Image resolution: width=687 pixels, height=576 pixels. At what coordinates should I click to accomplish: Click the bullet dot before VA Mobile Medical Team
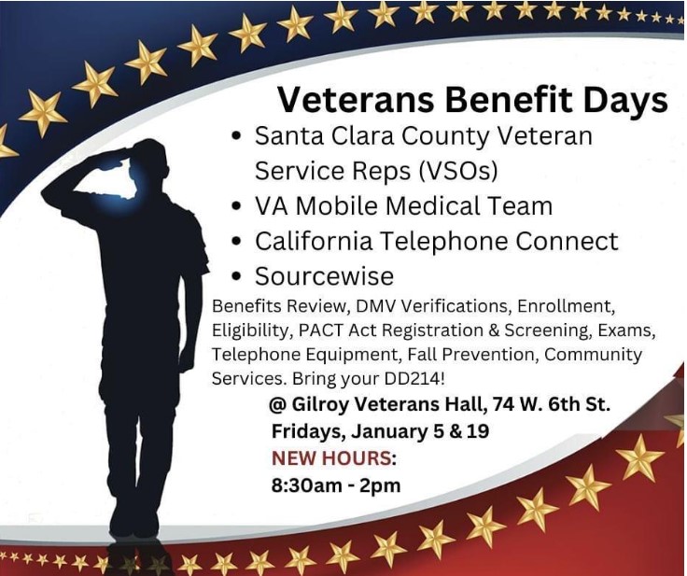point(236,205)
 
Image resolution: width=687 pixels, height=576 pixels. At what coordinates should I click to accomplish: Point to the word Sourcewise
point(324,276)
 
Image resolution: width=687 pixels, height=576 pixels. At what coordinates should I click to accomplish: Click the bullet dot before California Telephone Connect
point(236,241)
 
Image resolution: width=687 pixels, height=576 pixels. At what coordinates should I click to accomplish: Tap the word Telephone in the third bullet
point(442,241)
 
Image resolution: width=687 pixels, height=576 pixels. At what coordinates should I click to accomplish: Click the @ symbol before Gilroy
point(278,404)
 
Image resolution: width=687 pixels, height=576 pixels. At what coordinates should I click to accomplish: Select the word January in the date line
point(388,431)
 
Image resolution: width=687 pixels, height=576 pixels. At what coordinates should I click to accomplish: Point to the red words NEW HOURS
point(331,458)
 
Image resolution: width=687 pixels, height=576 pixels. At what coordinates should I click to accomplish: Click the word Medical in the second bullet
point(422,205)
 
